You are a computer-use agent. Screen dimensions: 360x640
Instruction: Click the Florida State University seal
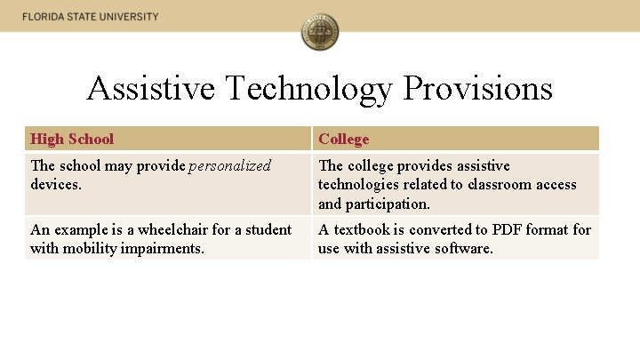pyautogui.click(x=320, y=33)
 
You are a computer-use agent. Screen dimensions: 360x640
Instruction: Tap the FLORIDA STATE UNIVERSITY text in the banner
pyautogui.click(x=91, y=17)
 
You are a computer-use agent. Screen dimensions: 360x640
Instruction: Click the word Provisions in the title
pyautogui.click(x=477, y=88)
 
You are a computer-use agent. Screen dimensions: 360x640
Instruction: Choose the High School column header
pyautogui.click(x=72, y=139)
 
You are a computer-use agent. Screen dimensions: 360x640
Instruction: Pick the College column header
pyautogui.click(x=343, y=139)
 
